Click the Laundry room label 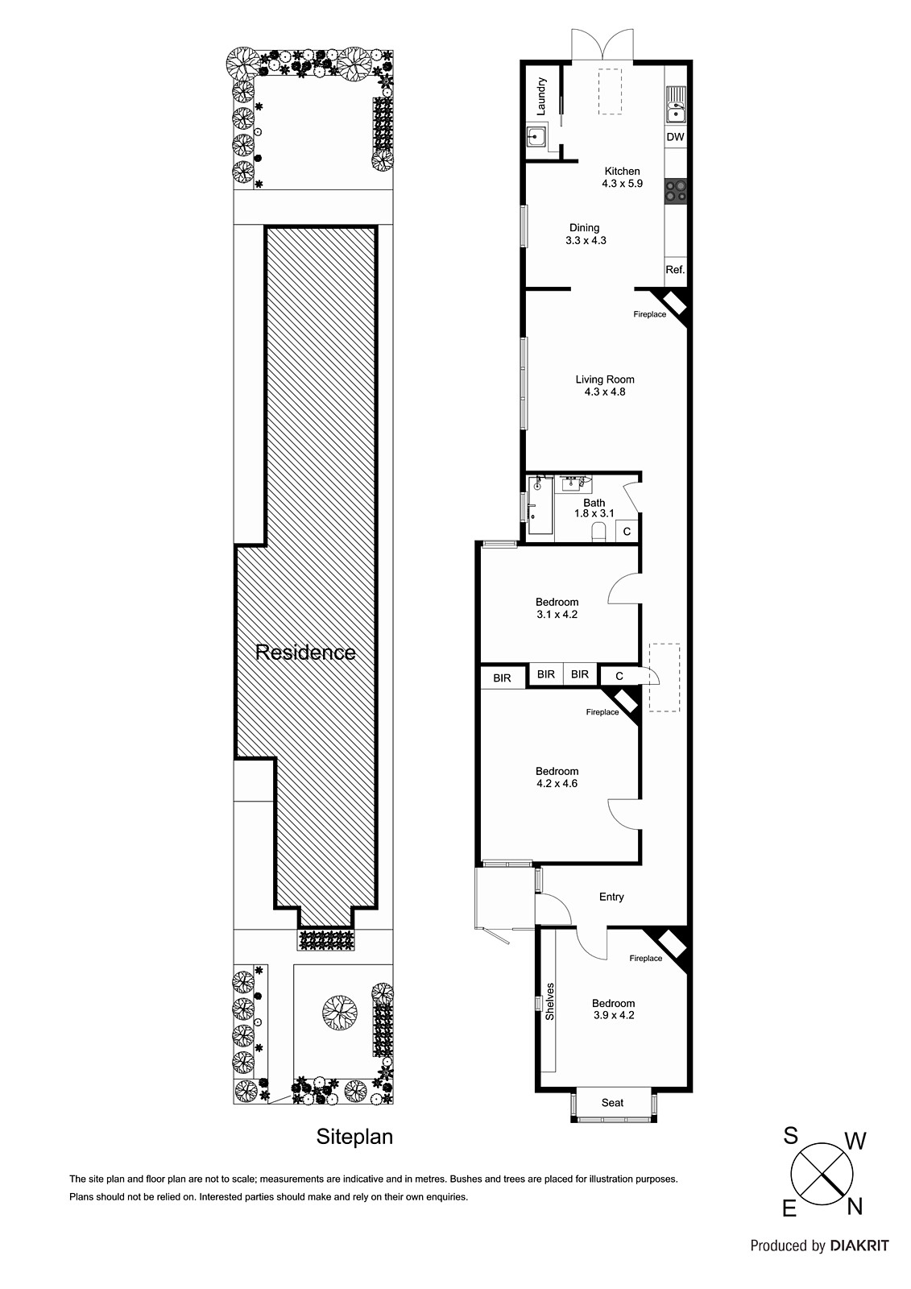pos(542,95)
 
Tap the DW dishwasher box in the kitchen pos(675,137)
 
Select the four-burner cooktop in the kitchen pos(675,190)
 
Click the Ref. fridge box pos(675,270)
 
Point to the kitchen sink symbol pos(675,105)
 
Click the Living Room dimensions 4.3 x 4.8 pos(605,392)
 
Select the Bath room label pos(594,503)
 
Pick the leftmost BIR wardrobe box pos(503,678)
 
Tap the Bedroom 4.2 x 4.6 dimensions pos(557,783)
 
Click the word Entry pos(611,897)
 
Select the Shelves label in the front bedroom pos(551,1001)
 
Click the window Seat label pos(613,1102)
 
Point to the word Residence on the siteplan pos(305,653)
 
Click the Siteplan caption pos(354,1137)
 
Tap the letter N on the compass pos(855,1205)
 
